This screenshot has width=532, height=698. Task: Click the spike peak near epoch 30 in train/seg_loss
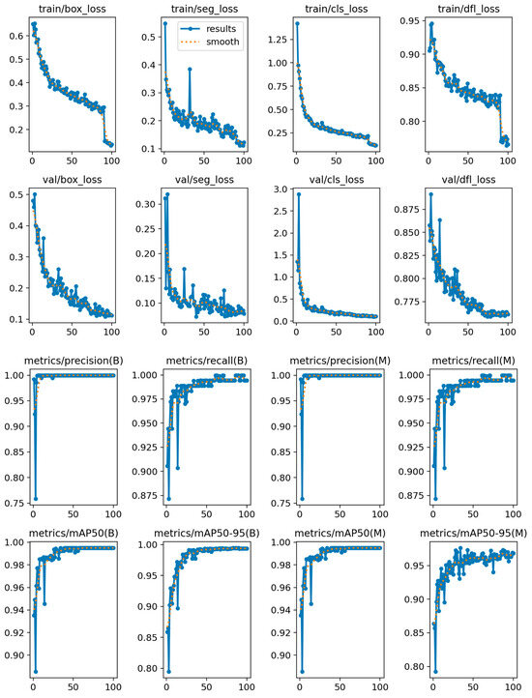(x=190, y=69)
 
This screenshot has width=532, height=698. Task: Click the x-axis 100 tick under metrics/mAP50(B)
(x=112, y=687)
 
